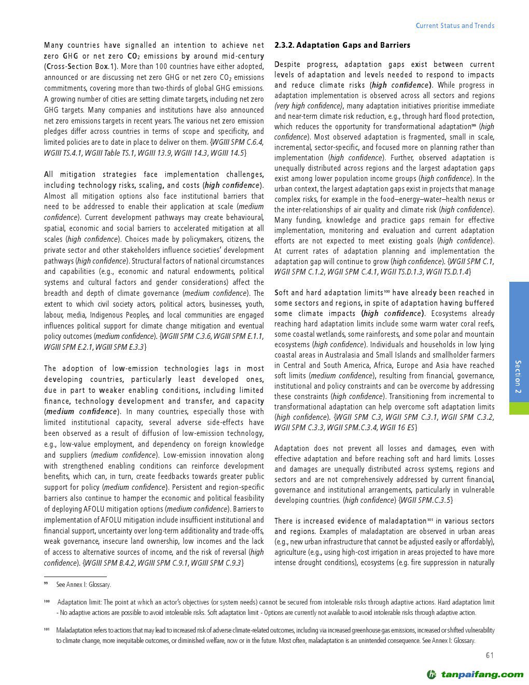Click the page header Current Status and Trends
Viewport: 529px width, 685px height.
point(455,25)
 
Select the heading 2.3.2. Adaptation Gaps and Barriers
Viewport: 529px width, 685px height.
point(342,45)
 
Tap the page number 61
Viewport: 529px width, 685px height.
point(490,655)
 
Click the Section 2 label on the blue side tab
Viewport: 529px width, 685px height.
point(518,376)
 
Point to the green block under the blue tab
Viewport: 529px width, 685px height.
point(519,408)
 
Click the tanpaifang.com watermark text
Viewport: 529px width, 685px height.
point(482,675)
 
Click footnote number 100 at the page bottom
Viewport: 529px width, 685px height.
point(47,602)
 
